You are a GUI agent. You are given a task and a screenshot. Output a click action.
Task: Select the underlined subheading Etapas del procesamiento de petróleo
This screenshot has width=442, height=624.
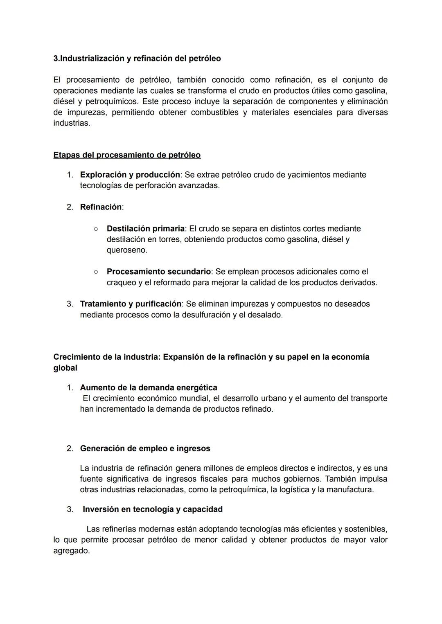(x=127, y=155)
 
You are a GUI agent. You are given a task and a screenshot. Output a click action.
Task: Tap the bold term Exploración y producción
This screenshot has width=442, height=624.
(x=130, y=175)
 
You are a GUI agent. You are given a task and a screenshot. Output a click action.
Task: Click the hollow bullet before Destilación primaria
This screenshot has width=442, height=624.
(x=95, y=229)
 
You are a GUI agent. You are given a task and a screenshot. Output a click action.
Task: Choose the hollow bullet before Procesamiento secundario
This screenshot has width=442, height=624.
(x=95, y=272)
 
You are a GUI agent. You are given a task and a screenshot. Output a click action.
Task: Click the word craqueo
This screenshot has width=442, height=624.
(x=121, y=283)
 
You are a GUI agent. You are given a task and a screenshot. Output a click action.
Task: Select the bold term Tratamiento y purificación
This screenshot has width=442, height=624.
(x=131, y=304)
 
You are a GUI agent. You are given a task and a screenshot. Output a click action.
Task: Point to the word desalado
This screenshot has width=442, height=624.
(x=265, y=315)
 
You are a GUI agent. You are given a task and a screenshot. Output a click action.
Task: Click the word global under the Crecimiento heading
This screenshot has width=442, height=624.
(x=65, y=368)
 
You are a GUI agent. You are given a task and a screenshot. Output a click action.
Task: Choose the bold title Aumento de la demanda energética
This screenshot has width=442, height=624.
(x=149, y=387)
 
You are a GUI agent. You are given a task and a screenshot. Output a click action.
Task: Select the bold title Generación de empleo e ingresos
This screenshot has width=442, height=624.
(x=145, y=448)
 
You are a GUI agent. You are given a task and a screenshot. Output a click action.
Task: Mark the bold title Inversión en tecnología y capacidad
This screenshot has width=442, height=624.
(x=153, y=509)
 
